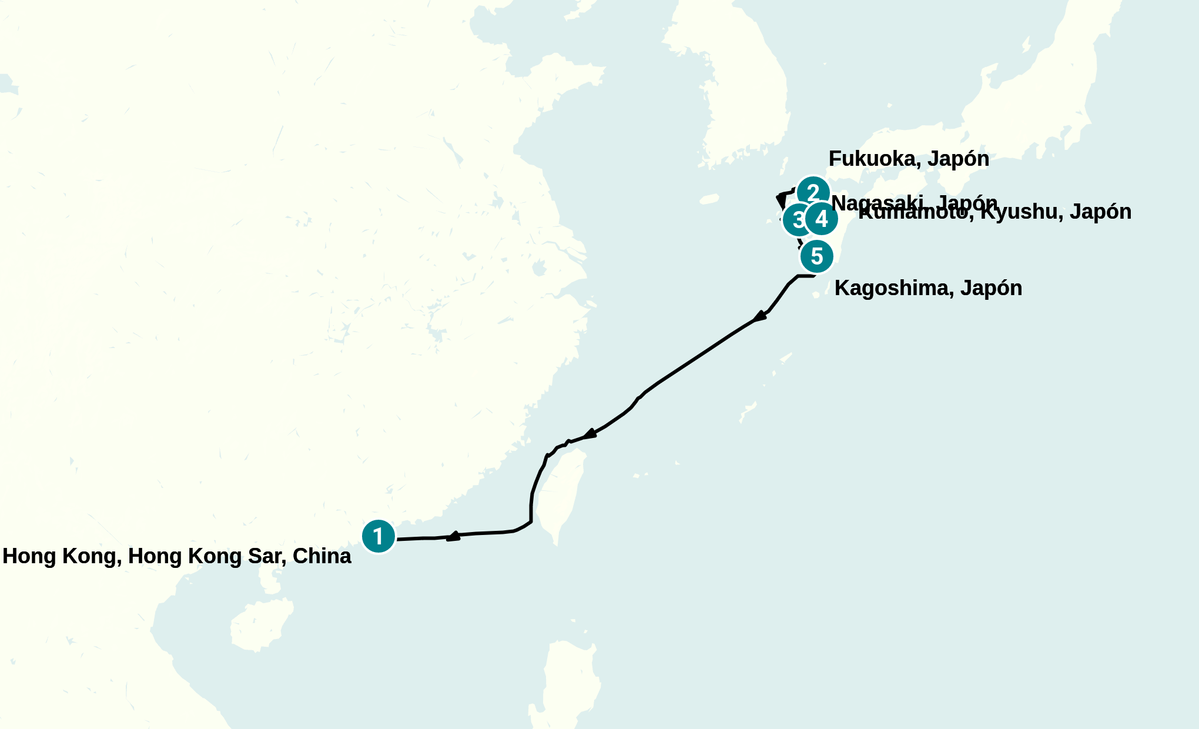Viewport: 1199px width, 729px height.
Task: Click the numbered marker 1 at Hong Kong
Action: [379, 536]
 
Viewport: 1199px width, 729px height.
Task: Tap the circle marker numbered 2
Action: [813, 192]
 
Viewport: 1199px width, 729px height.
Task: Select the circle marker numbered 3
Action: [798, 220]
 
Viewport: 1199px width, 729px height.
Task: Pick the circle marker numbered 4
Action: [822, 219]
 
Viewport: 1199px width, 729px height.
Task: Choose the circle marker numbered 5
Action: [817, 256]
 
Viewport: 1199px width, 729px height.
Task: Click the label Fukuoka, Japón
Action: [909, 159]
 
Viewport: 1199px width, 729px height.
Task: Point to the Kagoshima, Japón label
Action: [928, 288]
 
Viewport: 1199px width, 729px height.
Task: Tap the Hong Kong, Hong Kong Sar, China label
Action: [177, 556]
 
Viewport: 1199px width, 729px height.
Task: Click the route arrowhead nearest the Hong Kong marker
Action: [453, 536]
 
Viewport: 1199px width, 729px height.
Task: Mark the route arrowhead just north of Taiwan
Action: [589, 435]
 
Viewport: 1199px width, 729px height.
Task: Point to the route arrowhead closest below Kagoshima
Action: [759, 317]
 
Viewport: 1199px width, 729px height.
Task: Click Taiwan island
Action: [564, 494]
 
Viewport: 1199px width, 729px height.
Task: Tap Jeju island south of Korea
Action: [709, 199]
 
